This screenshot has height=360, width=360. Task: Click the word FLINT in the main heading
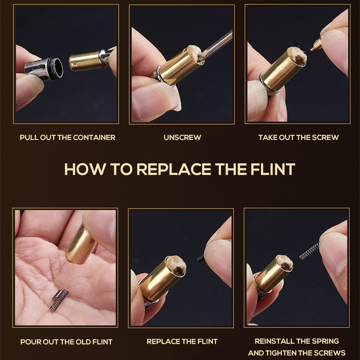click(x=273, y=169)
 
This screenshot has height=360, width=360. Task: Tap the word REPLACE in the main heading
click(x=174, y=169)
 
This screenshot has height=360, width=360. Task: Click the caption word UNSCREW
click(x=182, y=137)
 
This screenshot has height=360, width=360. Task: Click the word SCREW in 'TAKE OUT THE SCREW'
click(x=325, y=137)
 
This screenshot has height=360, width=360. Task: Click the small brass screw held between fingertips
click(x=316, y=45)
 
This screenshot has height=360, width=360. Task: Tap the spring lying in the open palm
click(x=59, y=300)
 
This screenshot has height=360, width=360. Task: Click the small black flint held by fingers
click(x=201, y=258)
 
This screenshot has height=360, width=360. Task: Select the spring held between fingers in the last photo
click(x=309, y=252)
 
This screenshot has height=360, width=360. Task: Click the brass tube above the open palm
click(x=81, y=245)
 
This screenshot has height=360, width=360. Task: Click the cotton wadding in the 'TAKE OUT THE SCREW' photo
click(x=297, y=56)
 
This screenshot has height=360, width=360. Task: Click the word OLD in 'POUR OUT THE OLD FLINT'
click(x=83, y=342)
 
